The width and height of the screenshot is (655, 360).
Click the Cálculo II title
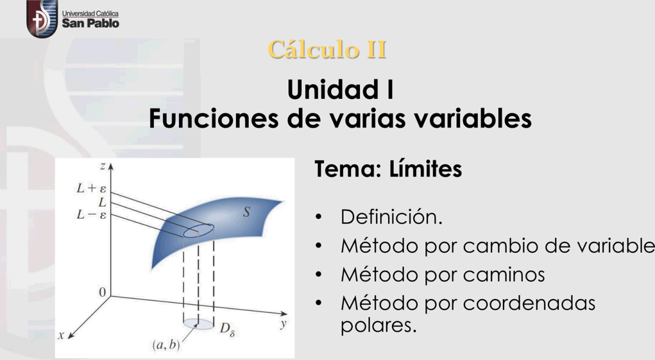327,49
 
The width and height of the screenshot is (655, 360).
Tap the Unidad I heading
341,89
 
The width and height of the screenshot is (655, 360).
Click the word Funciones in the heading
214,118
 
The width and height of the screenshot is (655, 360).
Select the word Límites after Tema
426,169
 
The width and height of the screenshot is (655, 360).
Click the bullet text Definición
391,217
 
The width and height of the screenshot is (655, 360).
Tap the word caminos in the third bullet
504,275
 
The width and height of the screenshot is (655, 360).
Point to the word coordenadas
529,303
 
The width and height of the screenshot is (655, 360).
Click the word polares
379,325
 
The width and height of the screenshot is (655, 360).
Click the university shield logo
42,19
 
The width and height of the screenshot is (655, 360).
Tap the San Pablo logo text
90,23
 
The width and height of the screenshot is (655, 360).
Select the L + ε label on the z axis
92,189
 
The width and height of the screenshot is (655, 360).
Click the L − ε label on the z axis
92,215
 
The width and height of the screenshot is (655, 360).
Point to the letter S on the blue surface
246,212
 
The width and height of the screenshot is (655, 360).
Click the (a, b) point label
166,345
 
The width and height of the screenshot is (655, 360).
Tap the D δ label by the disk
227,329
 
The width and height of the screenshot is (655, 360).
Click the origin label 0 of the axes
103,293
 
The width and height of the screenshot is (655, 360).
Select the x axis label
61,335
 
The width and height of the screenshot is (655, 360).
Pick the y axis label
284,323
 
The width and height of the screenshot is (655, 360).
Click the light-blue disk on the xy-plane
198,323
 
